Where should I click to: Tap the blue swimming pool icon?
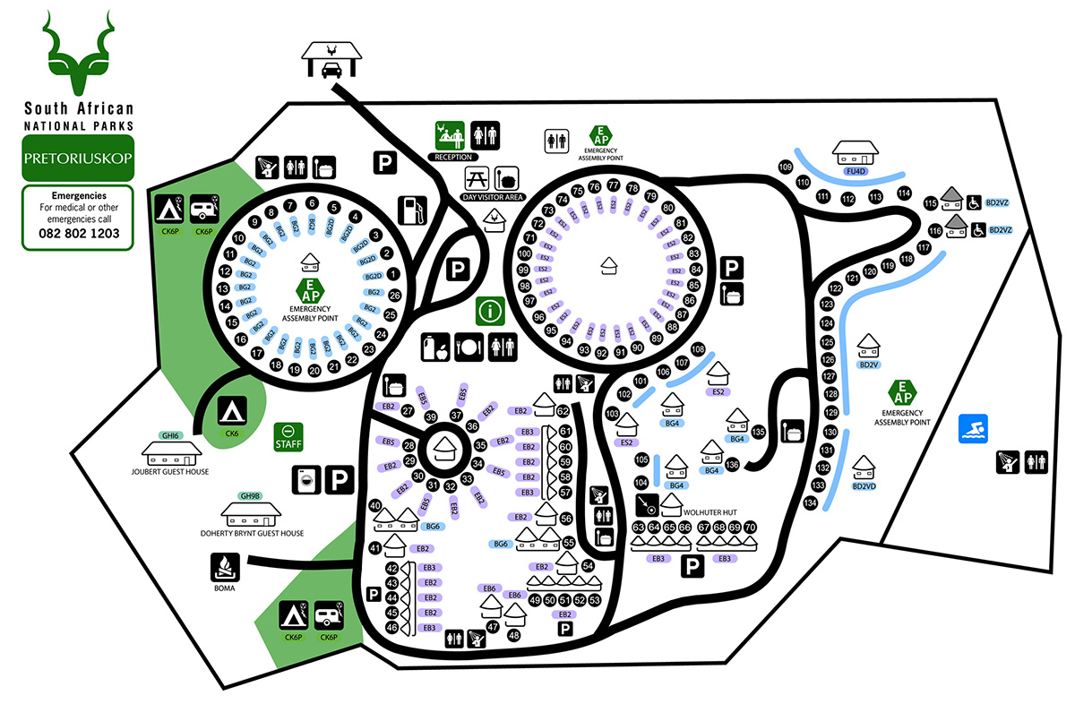973,429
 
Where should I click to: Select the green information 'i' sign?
490,311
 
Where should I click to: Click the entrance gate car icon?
331,60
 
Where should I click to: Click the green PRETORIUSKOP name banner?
79,159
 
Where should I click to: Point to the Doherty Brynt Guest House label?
252,533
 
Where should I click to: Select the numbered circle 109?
787,167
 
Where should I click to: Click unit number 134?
810,503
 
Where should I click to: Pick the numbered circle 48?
513,635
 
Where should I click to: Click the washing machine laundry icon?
305,481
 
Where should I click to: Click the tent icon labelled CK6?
232,413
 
